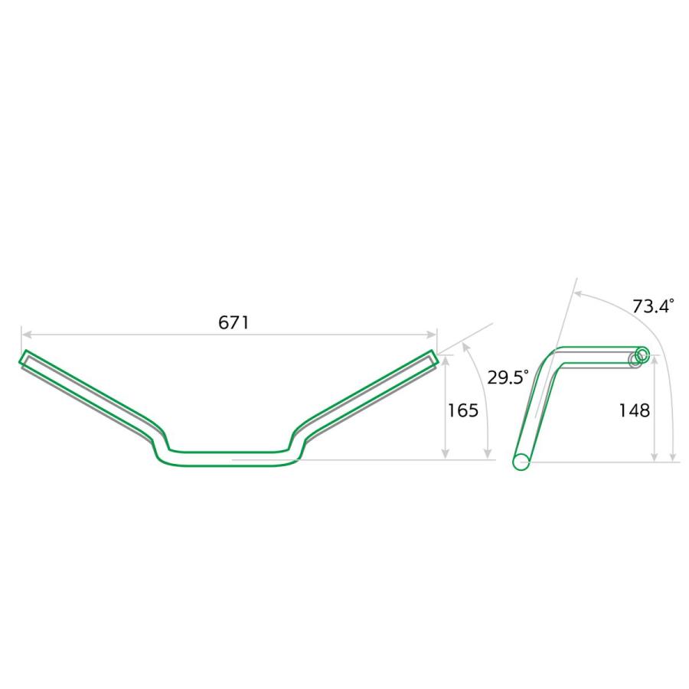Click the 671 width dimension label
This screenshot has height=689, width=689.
tap(233, 322)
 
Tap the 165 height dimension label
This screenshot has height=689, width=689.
tap(462, 410)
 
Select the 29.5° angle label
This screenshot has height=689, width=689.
tap(508, 377)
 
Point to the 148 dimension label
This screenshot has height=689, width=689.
tap(634, 410)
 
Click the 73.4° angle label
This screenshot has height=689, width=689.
tap(653, 305)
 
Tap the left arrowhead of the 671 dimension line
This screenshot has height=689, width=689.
tap(26, 335)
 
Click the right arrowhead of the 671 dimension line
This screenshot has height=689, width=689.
tap(432, 335)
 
